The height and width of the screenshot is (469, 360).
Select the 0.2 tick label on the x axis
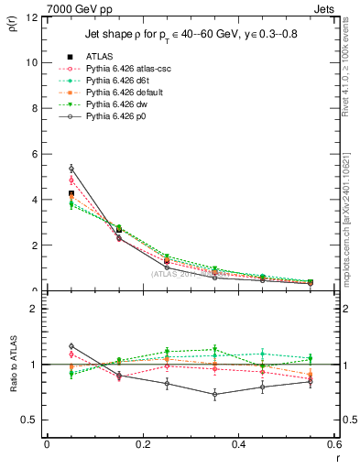pos(142,444)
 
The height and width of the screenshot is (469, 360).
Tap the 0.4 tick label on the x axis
pos(238,444)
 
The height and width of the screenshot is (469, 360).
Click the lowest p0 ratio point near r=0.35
pos(214,395)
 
